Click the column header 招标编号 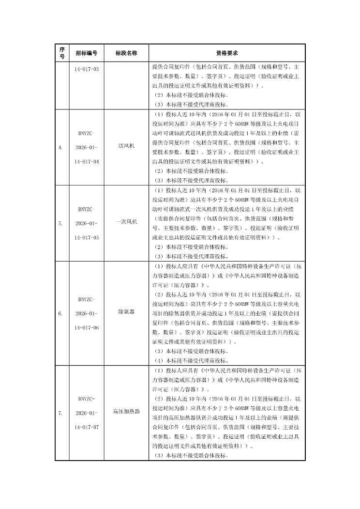(x=86, y=53)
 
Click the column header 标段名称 (x=126, y=53)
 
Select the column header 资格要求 (x=226, y=53)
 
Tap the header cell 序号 (x=61, y=53)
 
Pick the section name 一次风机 (x=126, y=221)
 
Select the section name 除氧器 (x=126, y=313)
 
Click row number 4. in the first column (x=60, y=148)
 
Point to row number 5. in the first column (x=60, y=224)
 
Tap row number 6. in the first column (x=60, y=314)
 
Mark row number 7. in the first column (x=60, y=413)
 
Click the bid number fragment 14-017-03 (x=87, y=69)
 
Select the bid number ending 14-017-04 (x=87, y=161)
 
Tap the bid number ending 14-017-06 (x=87, y=328)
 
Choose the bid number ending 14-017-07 (x=87, y=427)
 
